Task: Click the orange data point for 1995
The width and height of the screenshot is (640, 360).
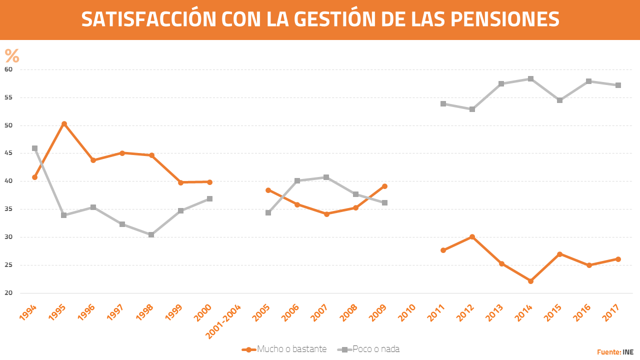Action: point(64,123)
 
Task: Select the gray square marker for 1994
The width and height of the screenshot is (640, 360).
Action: point(34,148)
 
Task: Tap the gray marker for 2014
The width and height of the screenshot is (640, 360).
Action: point(530,78)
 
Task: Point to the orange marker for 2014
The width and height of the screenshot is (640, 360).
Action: point(530,281)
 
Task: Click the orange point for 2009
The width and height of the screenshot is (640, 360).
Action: point(384,186)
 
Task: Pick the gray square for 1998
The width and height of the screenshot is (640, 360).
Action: point(151,234)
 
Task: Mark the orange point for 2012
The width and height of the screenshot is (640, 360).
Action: point(472,236)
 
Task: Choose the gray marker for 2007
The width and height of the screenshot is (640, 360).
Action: point(326,177)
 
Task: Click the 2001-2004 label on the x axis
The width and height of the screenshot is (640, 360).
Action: point(224,320)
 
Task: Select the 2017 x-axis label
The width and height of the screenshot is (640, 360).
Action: point(613,313)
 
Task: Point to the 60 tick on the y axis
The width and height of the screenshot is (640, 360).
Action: point(9,69)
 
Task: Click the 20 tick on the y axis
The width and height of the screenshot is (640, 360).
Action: point(9,293)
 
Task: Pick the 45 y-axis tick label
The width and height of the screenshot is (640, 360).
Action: point(9,153)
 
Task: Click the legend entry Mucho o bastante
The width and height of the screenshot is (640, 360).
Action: point(291,349)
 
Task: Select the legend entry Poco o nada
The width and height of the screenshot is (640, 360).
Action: point(376,349)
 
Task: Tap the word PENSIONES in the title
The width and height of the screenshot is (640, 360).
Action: point(504,19)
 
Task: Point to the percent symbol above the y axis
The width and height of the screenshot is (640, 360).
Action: point(12,56)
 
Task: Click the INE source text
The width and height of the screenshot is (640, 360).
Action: point(628,352)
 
